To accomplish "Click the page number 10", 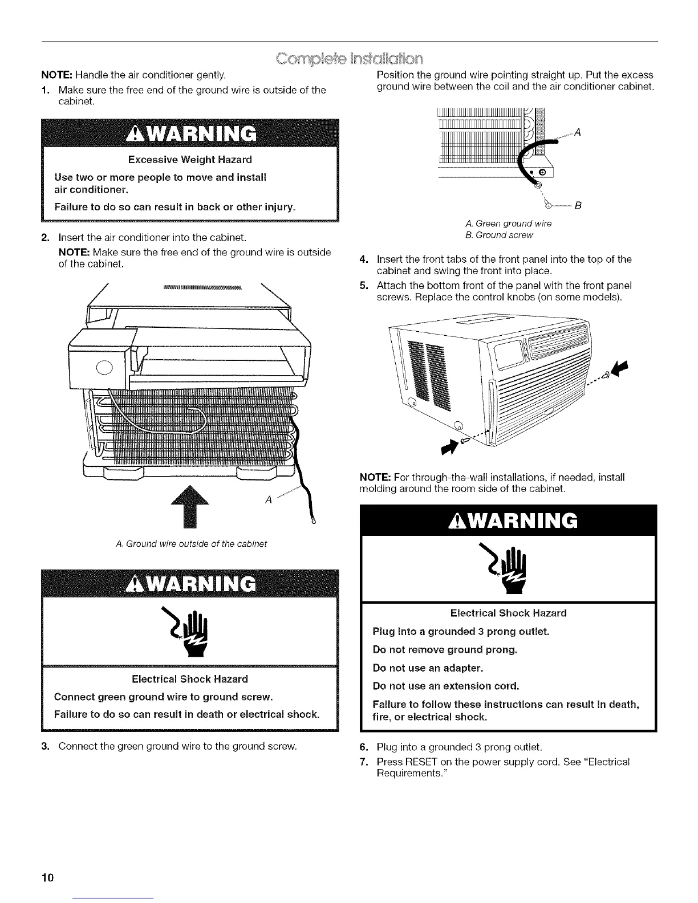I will point(46,877).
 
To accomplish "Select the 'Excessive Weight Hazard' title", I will point(190,159).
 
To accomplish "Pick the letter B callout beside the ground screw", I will point(577,205).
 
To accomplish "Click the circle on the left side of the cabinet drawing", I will point(104,367).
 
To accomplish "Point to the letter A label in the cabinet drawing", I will point(267,499).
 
